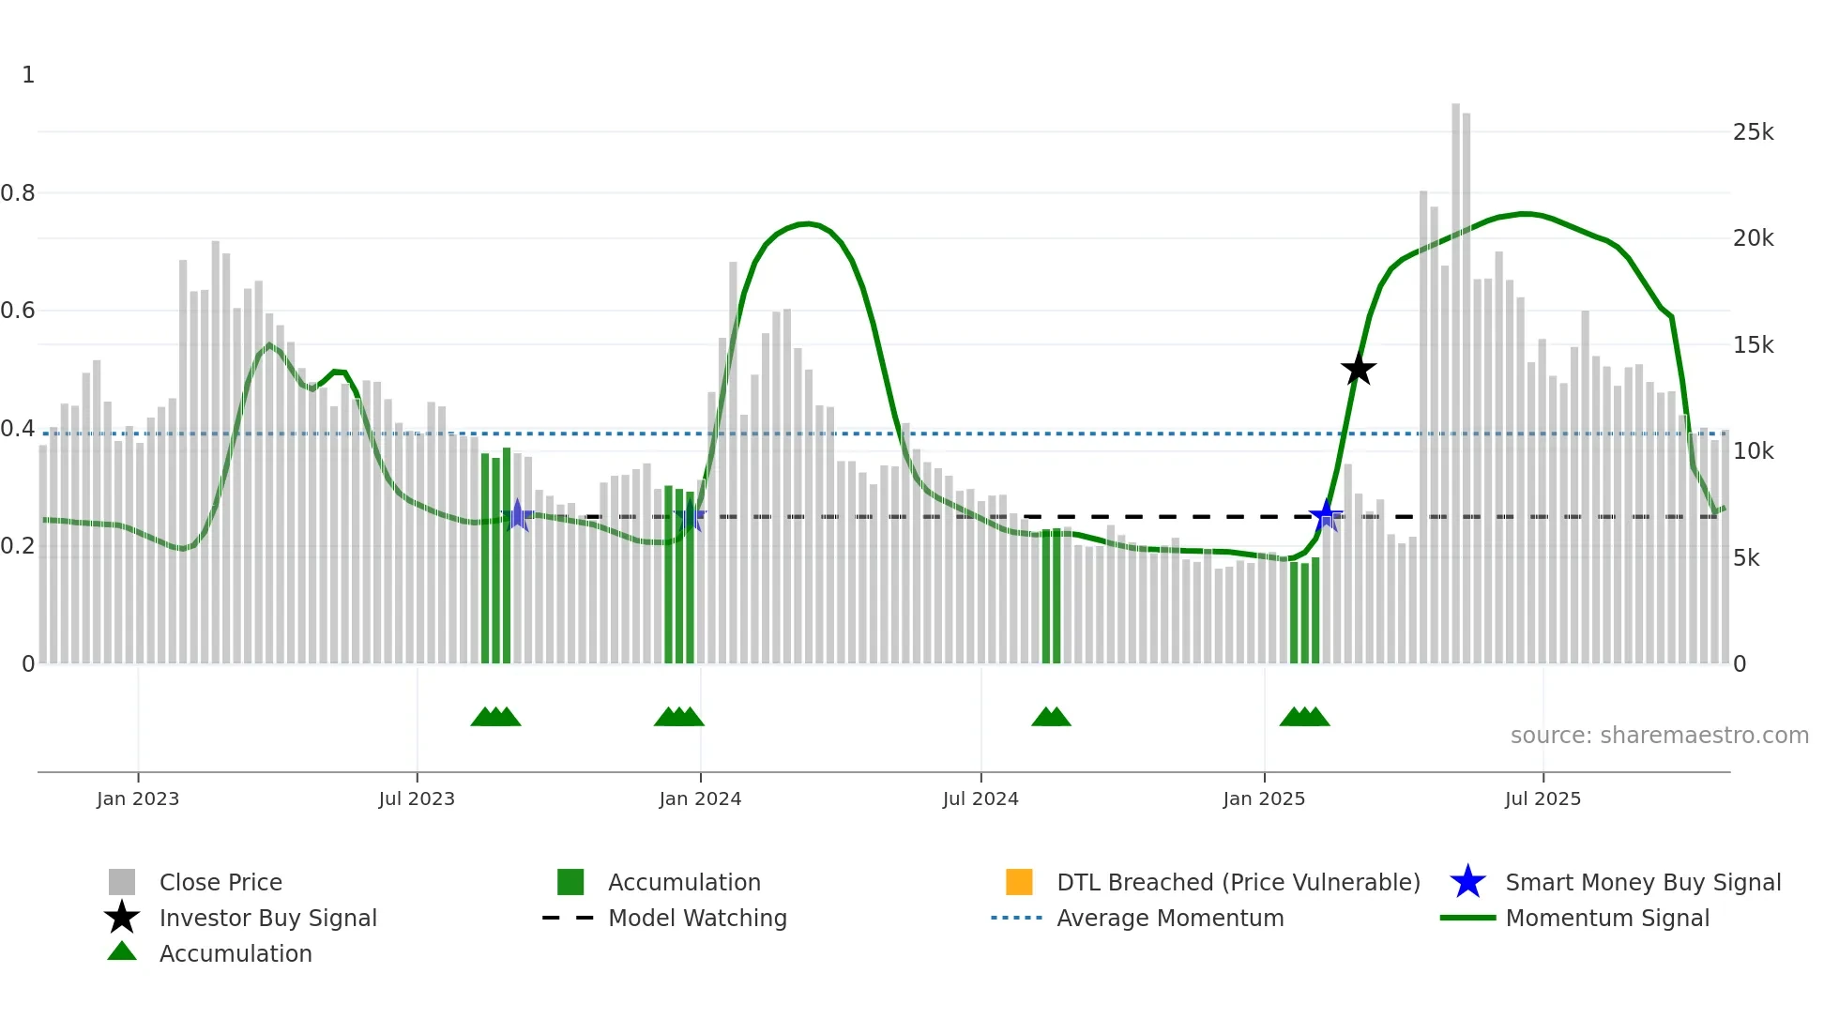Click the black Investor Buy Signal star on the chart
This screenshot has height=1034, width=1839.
[x=1358, y=369]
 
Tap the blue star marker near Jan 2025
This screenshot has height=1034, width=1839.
[x=1326, y=515]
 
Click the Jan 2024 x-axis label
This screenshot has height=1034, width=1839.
[x=700, y=798]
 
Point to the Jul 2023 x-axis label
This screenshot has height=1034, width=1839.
[x=417, y=798]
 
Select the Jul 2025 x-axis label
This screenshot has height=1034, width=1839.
[x=1543, y=798]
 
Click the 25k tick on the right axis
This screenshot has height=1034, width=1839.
[x=1753, y=132]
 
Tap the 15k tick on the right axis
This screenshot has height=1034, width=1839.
[x=1753, y=345]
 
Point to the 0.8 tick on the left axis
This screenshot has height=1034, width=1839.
[x=18, y=193]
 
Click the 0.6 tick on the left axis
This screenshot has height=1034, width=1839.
[x=18, y=311]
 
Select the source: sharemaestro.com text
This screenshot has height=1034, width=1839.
[x=1659, y=736]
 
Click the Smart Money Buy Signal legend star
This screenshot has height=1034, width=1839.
[x=1467, y=882]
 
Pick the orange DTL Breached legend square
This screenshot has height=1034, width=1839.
[x=1019, y=882]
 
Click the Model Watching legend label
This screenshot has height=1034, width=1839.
[x=697, y=918]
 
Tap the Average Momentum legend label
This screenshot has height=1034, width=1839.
[x=1170, y=918]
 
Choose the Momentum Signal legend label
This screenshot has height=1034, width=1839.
[x=1607, y=918]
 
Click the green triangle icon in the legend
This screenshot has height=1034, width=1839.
[x=122, y=951]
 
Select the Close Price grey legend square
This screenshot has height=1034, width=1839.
[x=122, y=882]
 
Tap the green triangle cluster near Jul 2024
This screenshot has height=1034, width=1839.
[x=1051, y=717]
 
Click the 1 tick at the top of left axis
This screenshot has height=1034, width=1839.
[x=28, y=75]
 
